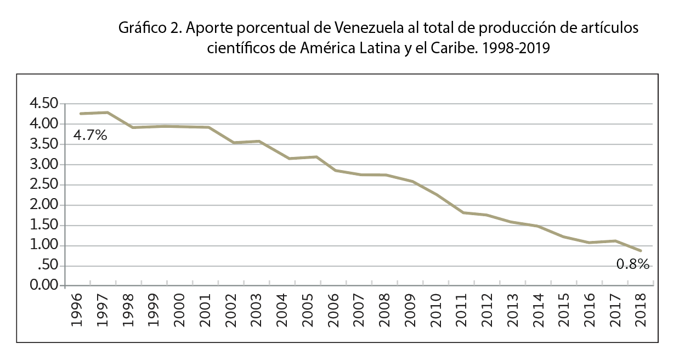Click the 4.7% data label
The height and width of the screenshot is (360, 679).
(x=90, y=135)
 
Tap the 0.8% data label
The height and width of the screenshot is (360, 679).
(x=633, y=265)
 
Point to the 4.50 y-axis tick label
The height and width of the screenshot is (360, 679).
(x=42, y=104)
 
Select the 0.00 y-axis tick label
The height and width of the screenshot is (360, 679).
(x=42, y=286)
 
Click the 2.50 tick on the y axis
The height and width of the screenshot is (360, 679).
(x=42, y=185)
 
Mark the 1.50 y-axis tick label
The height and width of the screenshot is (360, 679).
(x=42, y=226)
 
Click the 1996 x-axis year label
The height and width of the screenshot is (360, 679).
(x=77, y=310)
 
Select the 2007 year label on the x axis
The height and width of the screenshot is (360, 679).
(x=359, y=310)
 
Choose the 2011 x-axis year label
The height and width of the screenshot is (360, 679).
(x=461, y=310)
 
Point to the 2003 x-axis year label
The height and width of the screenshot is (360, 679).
(x=257, y=310)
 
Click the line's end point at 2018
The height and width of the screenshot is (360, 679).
(x=641, y=251)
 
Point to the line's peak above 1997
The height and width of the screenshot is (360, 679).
(x=107, y=113)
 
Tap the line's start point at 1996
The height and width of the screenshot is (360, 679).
(x=81, y=114)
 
